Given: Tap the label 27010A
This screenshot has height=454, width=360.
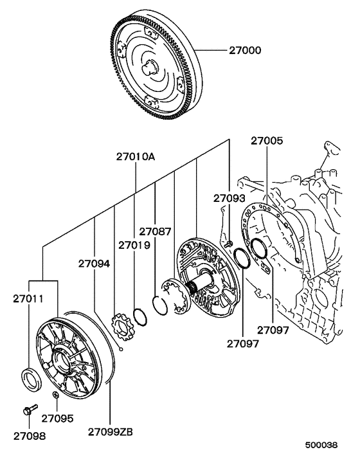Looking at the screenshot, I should [x=136, y=156].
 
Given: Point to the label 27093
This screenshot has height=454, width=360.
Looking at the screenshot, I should [x=230, y=199].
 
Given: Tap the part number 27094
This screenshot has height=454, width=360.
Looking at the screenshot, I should [x=94, y=262].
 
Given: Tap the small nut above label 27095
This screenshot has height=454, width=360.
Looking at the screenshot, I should [x=56, y=394].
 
